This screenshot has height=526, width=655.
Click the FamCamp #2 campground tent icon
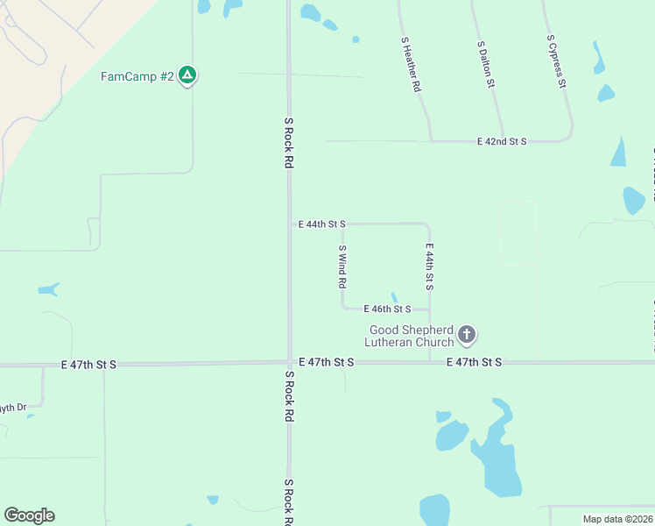pyautogui.click(x=187, y=75)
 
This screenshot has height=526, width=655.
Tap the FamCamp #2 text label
pyautogui.click(x=137, y=76)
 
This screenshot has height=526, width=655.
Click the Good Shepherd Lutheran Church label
pyautogui.click(x=412, y=337)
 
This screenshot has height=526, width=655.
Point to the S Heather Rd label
pyautogui.click(x=412, y=65)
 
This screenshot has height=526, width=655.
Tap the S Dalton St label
pyautogui.click(x=487, y=64)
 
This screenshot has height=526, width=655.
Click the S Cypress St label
pyautogui.click(x=557, y=62)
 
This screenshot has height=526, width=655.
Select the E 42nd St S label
pyautogui.click(x=502, y=141)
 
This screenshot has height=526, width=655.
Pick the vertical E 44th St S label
pyautogui.click(x=430, y=267)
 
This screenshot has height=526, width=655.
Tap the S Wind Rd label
pyautogui.click(x=343, y=267)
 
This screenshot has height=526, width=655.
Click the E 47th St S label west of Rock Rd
pyautogui.click(x=89, y=364)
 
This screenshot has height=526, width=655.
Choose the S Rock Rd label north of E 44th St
pyautogui.click(x=288, y=143)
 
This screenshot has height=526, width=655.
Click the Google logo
pyautogui.click(x=29, y=515)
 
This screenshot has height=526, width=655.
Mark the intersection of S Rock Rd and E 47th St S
pyautogui.click(x=289, y=362)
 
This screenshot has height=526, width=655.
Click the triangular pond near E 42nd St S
pyautogui.click(x=619, y=153)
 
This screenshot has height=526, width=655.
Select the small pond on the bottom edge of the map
pyautogui.click(x=434, y=511)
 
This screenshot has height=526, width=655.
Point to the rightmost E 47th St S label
pyautogui.click(x=474, y=362)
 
